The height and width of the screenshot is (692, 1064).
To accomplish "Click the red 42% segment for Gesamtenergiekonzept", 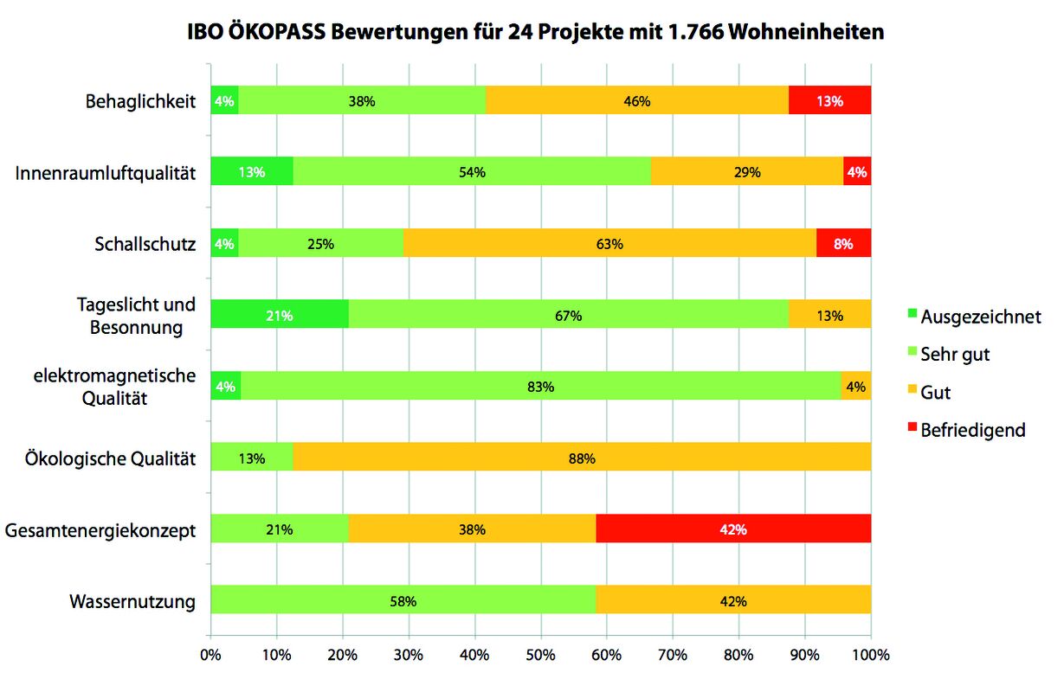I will tap(733, 529).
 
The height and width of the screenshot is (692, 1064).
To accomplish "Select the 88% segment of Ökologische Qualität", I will tap(582, 458).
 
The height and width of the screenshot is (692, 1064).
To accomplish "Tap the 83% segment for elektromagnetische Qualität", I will tap(540, 387).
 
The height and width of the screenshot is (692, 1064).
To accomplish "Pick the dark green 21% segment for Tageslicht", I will tap(280, 316).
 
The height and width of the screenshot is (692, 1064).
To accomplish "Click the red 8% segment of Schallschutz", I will tap(843, 244).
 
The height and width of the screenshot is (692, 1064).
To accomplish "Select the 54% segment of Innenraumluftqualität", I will tap(472, 172).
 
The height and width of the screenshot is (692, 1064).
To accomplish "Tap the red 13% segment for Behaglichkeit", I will tap(829, 101).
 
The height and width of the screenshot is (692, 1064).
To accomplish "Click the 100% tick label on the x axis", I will tap(871, 655).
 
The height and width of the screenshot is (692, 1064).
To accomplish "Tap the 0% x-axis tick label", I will tap(210, 655).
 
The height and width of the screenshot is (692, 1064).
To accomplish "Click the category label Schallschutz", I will tap(145, 244).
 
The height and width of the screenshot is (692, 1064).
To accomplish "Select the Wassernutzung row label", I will tap(132, 601).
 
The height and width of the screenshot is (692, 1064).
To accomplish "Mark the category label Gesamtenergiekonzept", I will tap(100, 529).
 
